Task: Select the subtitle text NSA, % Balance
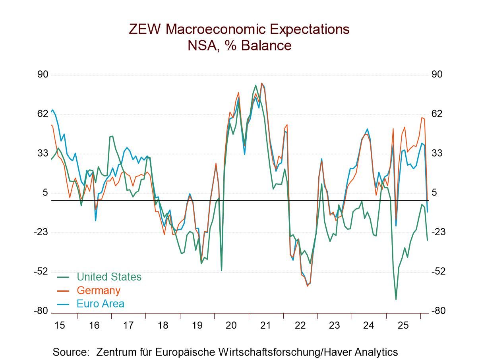pyautogui.click(x=240, y=46)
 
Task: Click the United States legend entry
pyautogui.click(x=108, y=277)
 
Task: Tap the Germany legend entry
pyautogui.click(x=98, y=290)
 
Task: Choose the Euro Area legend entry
pyautogui.click(x=100, y=304)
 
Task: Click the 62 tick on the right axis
pyautogui.click(x=437, y=114)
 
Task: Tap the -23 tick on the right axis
pyautogui.click(x=438, y=232)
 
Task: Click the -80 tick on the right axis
pyautogui.click(x=438, y=311)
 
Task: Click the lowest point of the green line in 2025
pyautogui.click(x=396, y=299)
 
